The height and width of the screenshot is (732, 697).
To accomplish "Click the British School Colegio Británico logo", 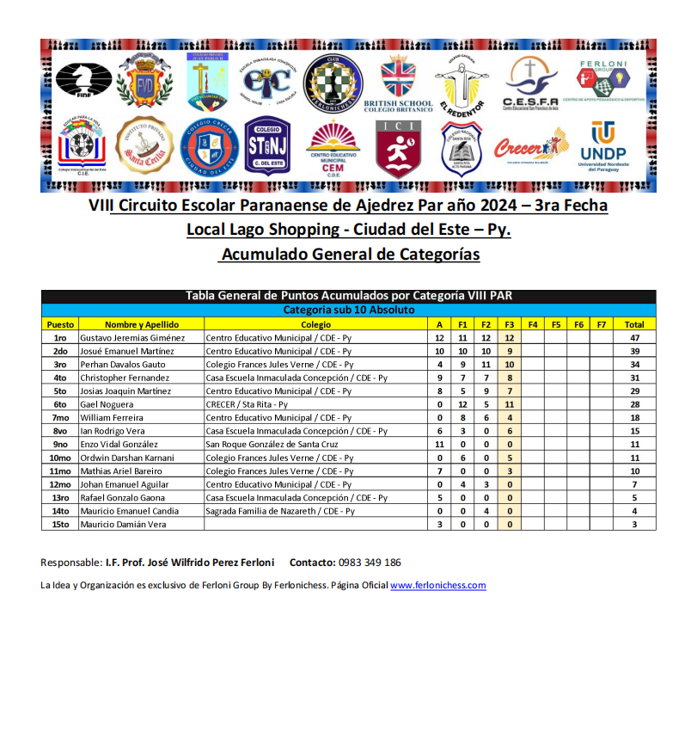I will (398, 84).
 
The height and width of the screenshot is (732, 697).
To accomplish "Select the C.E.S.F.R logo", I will (531, 84).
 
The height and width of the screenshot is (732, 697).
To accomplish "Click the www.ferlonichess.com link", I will (438, 586).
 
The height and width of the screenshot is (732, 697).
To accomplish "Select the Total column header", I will (634, 324).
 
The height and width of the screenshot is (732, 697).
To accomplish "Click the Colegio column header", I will (315, 324).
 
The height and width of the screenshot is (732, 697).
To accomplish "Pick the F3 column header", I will (510, 324).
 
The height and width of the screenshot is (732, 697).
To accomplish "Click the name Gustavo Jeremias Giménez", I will (132, 338).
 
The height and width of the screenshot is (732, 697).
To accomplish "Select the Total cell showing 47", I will (634, 338).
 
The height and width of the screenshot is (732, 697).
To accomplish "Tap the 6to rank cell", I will (60, 404).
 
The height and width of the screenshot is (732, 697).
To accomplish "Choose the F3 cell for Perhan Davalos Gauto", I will (510, 365).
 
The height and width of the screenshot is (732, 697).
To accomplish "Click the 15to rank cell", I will (60, 524).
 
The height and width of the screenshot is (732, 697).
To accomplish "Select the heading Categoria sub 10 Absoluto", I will (349, 310).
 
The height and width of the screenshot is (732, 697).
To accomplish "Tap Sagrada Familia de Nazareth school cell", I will (279, 511).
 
